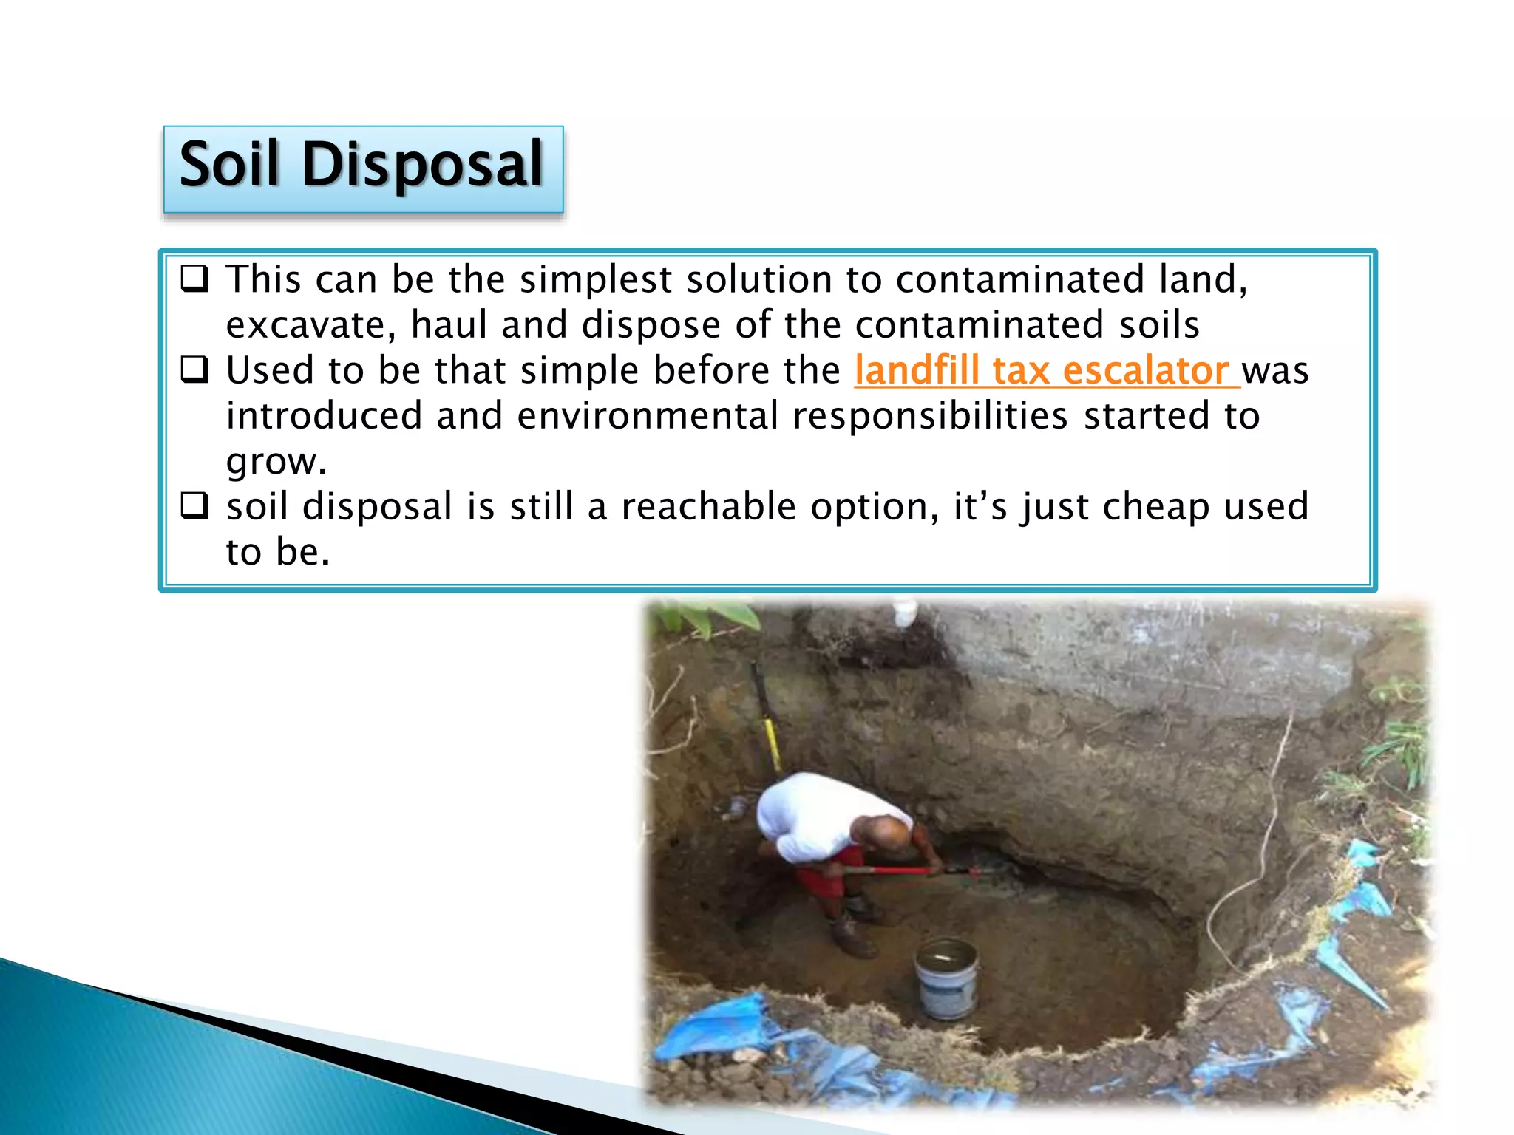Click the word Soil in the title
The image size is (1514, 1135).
tap(228, 164)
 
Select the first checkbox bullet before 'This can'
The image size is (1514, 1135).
tap(195, 279)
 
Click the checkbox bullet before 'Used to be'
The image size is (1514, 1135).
tap(195, 369)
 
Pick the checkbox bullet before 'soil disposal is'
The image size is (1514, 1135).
tap(195, 506)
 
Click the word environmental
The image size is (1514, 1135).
tap(648, 416)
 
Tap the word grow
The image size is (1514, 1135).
tap(275, 463)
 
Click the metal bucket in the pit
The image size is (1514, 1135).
tap(946, 977)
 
